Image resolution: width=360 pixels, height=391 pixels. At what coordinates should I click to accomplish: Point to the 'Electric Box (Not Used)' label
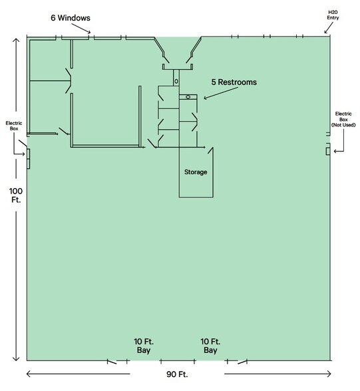[344, 122]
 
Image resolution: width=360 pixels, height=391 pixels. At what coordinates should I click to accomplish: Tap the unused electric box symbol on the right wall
[327, 152]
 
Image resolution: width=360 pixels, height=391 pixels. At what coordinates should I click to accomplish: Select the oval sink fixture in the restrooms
[188, 97]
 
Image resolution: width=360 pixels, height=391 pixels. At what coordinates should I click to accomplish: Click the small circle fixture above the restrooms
[176, 80]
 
